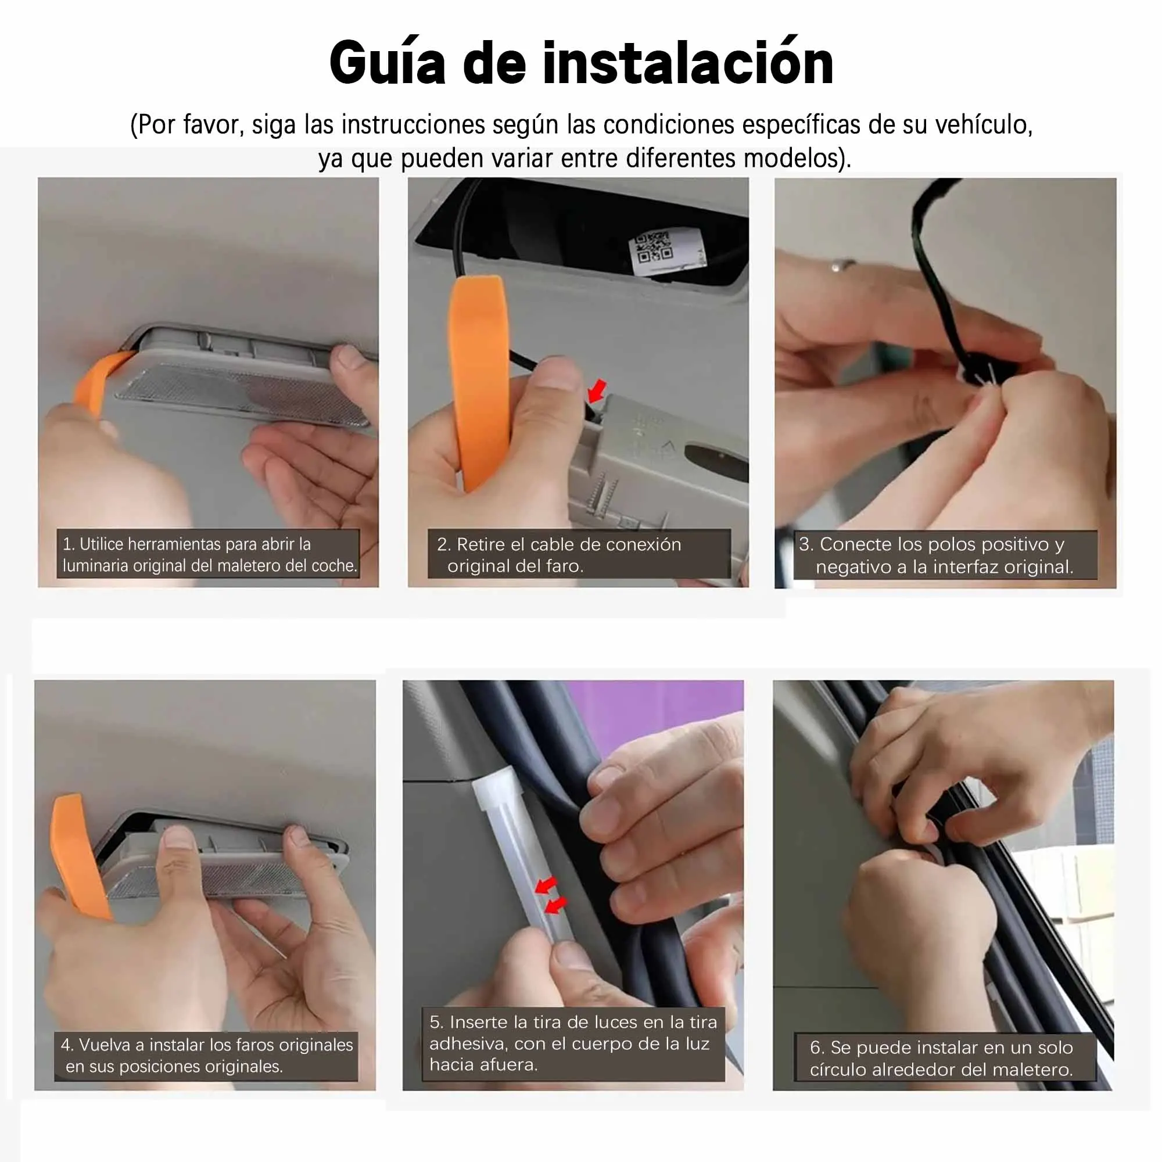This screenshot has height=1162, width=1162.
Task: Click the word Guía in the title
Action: (388, 63)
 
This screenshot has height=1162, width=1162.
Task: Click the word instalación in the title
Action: (687, 63)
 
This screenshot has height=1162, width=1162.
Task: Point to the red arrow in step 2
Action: (597, 391)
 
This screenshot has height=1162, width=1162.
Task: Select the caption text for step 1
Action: (209, 554)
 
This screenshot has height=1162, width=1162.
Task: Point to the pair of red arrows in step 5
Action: (551, 895)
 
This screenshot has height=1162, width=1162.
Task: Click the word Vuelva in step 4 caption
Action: (106, 1045)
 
